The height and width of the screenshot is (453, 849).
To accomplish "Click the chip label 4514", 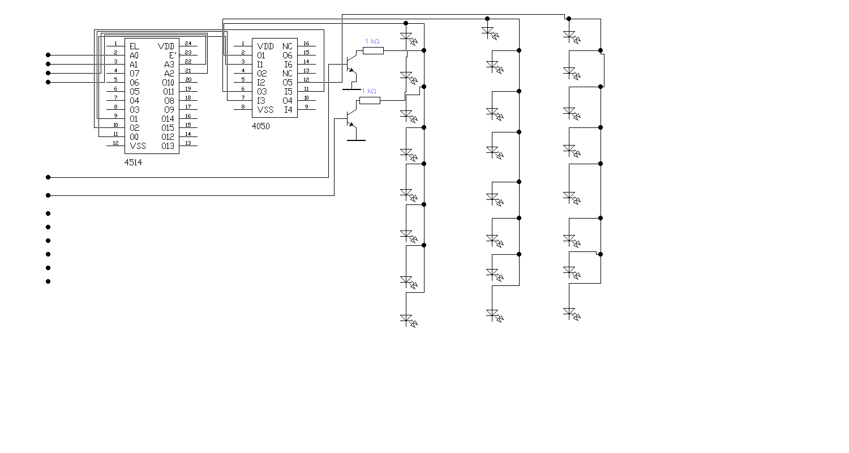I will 134,162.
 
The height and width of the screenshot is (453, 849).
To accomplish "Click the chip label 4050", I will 261,126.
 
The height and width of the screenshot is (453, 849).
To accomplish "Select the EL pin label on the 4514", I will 134,46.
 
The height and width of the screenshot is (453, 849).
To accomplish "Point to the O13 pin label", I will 168,146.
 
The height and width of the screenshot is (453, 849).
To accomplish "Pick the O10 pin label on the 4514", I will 168,82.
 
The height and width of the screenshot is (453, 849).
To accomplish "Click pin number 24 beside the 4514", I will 188,44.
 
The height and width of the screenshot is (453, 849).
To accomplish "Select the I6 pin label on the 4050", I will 288,64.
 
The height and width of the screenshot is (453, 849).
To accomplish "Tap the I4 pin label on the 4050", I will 288,109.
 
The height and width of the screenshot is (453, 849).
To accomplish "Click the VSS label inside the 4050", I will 265,109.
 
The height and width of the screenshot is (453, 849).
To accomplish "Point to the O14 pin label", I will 168,118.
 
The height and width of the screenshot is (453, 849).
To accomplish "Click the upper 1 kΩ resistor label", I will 372,41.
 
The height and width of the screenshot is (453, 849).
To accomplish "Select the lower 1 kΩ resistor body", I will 370,100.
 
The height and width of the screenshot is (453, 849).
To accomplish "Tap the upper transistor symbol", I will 351,65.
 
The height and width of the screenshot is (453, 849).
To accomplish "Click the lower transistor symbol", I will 351,119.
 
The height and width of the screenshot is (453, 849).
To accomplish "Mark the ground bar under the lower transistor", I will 355,140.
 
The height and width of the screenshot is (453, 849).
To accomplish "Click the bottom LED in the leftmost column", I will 407,319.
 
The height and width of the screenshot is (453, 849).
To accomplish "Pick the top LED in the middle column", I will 489,32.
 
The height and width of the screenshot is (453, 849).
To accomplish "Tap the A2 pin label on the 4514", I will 169,73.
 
